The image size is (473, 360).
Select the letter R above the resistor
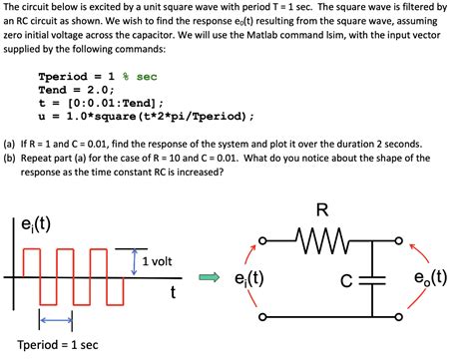pyautogui.click(x=322, y=211)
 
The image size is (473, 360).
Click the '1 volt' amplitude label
pyautogui.click(x=158, y=261)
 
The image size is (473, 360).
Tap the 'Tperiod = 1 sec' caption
pyautogui.click(x=62, y=344)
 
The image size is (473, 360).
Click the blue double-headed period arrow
pyautogui.click(x=56, y=319)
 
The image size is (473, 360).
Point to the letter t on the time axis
pyautogui.click(x=173, y=292)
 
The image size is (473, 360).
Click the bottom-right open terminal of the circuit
pyautogui.click(x=407, y=320)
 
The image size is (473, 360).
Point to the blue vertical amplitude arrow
pyautogui.click(x=134, y=261)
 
